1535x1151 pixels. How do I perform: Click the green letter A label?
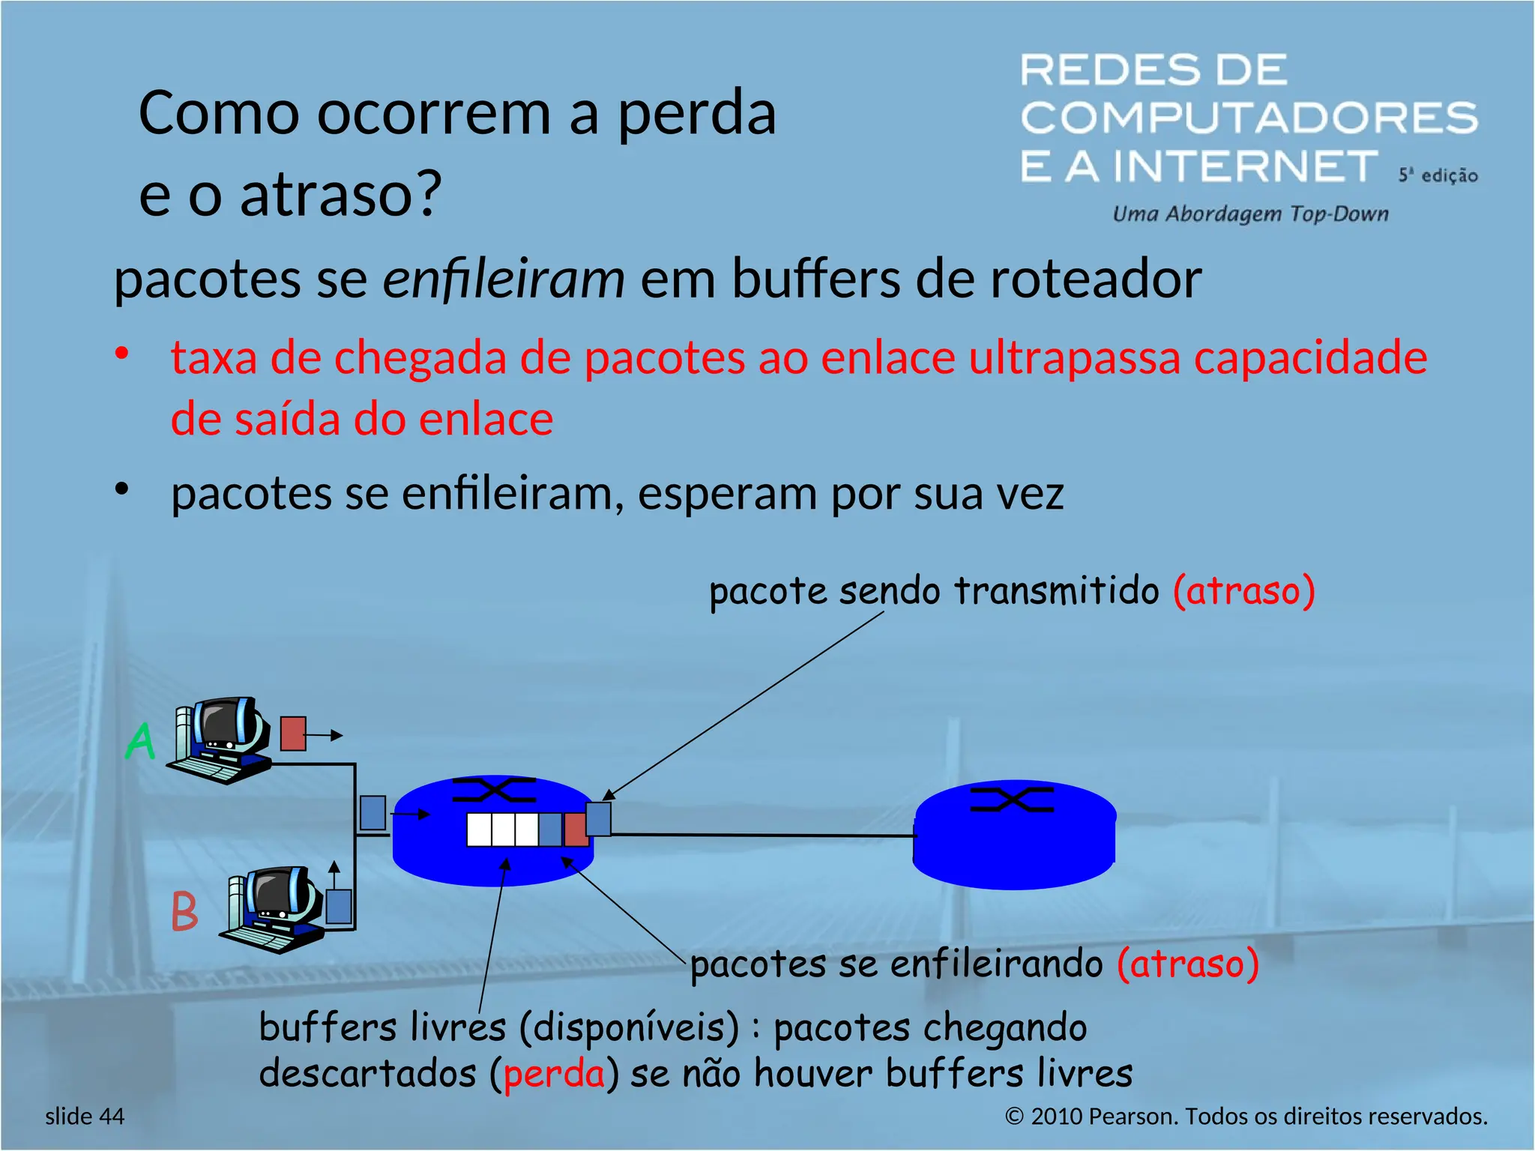click(141, 742)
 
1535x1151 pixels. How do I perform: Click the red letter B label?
click(184, 911)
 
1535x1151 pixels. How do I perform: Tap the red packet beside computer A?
click(293, 734)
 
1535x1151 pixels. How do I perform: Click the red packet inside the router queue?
click(575, 830)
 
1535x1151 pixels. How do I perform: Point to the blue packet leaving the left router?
click(598, 818)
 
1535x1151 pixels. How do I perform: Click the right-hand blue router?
click(1014, 836)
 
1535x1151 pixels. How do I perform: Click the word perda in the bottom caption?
click(554, 1074)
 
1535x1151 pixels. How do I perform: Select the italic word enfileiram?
click(504, 279)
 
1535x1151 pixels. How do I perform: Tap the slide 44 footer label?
click(85, 1117)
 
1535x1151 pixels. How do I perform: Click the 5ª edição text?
click(1438, 175)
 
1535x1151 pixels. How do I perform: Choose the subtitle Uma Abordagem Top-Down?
click(1250, 214)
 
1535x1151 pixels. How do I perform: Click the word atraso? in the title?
click(341, 193)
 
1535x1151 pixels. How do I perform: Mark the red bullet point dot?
click(122, 353)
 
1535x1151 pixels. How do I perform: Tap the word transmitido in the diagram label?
click(1057, 591)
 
